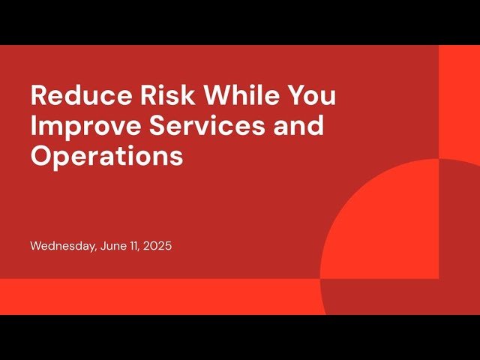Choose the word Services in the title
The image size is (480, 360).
(x=190, y=126)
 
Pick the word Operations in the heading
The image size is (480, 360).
(x=106, y=156)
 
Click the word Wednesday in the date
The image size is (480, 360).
(x=62, y=246)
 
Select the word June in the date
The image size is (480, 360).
(x=113, y=246)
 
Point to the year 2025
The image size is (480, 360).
(x=157, y=246)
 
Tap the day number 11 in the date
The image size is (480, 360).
(x=135, y=246)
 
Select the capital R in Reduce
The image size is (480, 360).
(x=38, y=97)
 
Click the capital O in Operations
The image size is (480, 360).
(x=40, y=156)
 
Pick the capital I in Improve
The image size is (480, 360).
(x=34, y=126)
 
